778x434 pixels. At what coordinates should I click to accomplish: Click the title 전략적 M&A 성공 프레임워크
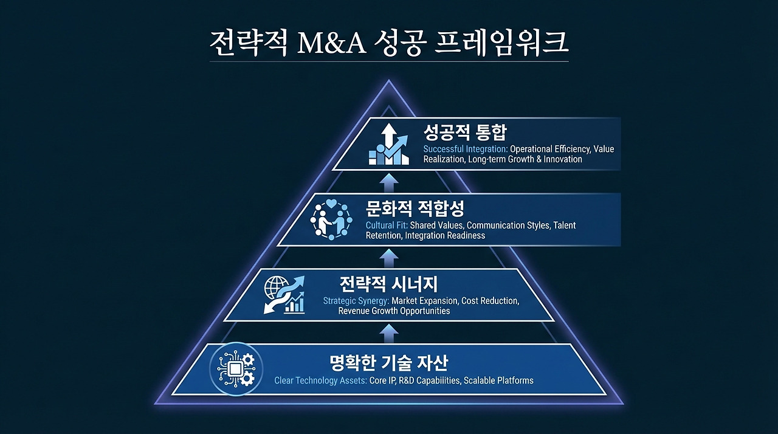click(389, 43)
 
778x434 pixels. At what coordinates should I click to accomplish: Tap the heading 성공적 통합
click(465, 132)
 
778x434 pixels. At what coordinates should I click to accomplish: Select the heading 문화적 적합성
click(415, 209)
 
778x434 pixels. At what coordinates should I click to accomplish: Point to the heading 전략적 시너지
click(388, 284)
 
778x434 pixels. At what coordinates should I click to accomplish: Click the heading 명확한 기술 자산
click(388, 363)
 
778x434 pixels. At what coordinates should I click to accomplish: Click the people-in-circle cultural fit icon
click(331, 219)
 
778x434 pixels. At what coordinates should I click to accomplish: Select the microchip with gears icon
click(236, 368)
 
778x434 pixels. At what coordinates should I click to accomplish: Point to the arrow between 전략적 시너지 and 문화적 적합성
click(389, 258)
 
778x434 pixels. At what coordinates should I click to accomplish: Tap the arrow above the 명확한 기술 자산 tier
click(389, 333)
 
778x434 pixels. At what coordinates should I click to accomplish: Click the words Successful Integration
click(465, 149)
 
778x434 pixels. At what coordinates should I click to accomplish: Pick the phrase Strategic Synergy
click(356, 301)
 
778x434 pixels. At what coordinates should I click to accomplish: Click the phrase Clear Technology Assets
click(320, 381)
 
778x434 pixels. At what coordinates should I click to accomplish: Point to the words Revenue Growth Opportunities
click(394, 311)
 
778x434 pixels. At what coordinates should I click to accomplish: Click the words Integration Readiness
click(445, 235)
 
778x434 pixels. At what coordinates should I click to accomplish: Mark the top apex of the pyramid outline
click(389, 81)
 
